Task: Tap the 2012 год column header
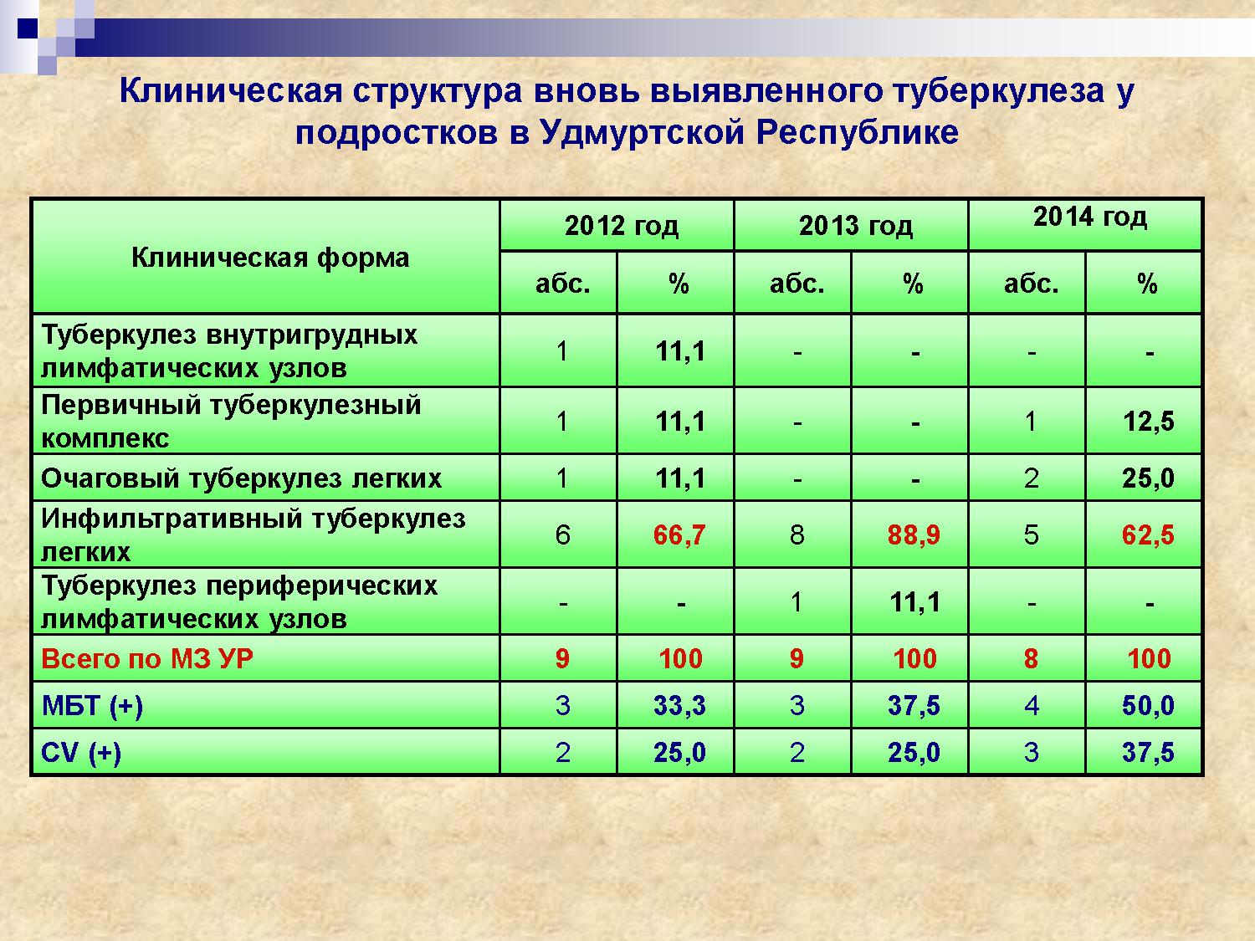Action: (x=622, y=226)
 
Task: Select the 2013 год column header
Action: (x=856, y=226)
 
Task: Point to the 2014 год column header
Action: (x=1090, y=217)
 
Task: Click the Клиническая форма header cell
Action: (x=270, y=258)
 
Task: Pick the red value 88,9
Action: (x=914, y=535)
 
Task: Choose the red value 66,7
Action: (x=679, y=535)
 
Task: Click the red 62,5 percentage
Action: (x=1148, y=535)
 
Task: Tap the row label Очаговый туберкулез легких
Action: (x=241, y=478)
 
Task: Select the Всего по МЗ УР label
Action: (x=147, y=659)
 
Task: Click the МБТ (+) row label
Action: (x=92, y=706)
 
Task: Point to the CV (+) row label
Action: (x=81, y=753)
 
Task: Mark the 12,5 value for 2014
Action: (x=1149, y=422)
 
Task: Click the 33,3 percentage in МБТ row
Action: (x=680, y=706)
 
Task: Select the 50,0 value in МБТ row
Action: (x=1148, y=706)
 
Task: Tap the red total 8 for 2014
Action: (x=1031, y=659)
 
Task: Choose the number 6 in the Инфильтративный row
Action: (x=562, y=535)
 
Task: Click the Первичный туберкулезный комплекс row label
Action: (x=231, y=422)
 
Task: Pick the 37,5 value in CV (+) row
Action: (x=1148, y=753)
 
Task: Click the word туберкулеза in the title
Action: (x=998, y=91)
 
